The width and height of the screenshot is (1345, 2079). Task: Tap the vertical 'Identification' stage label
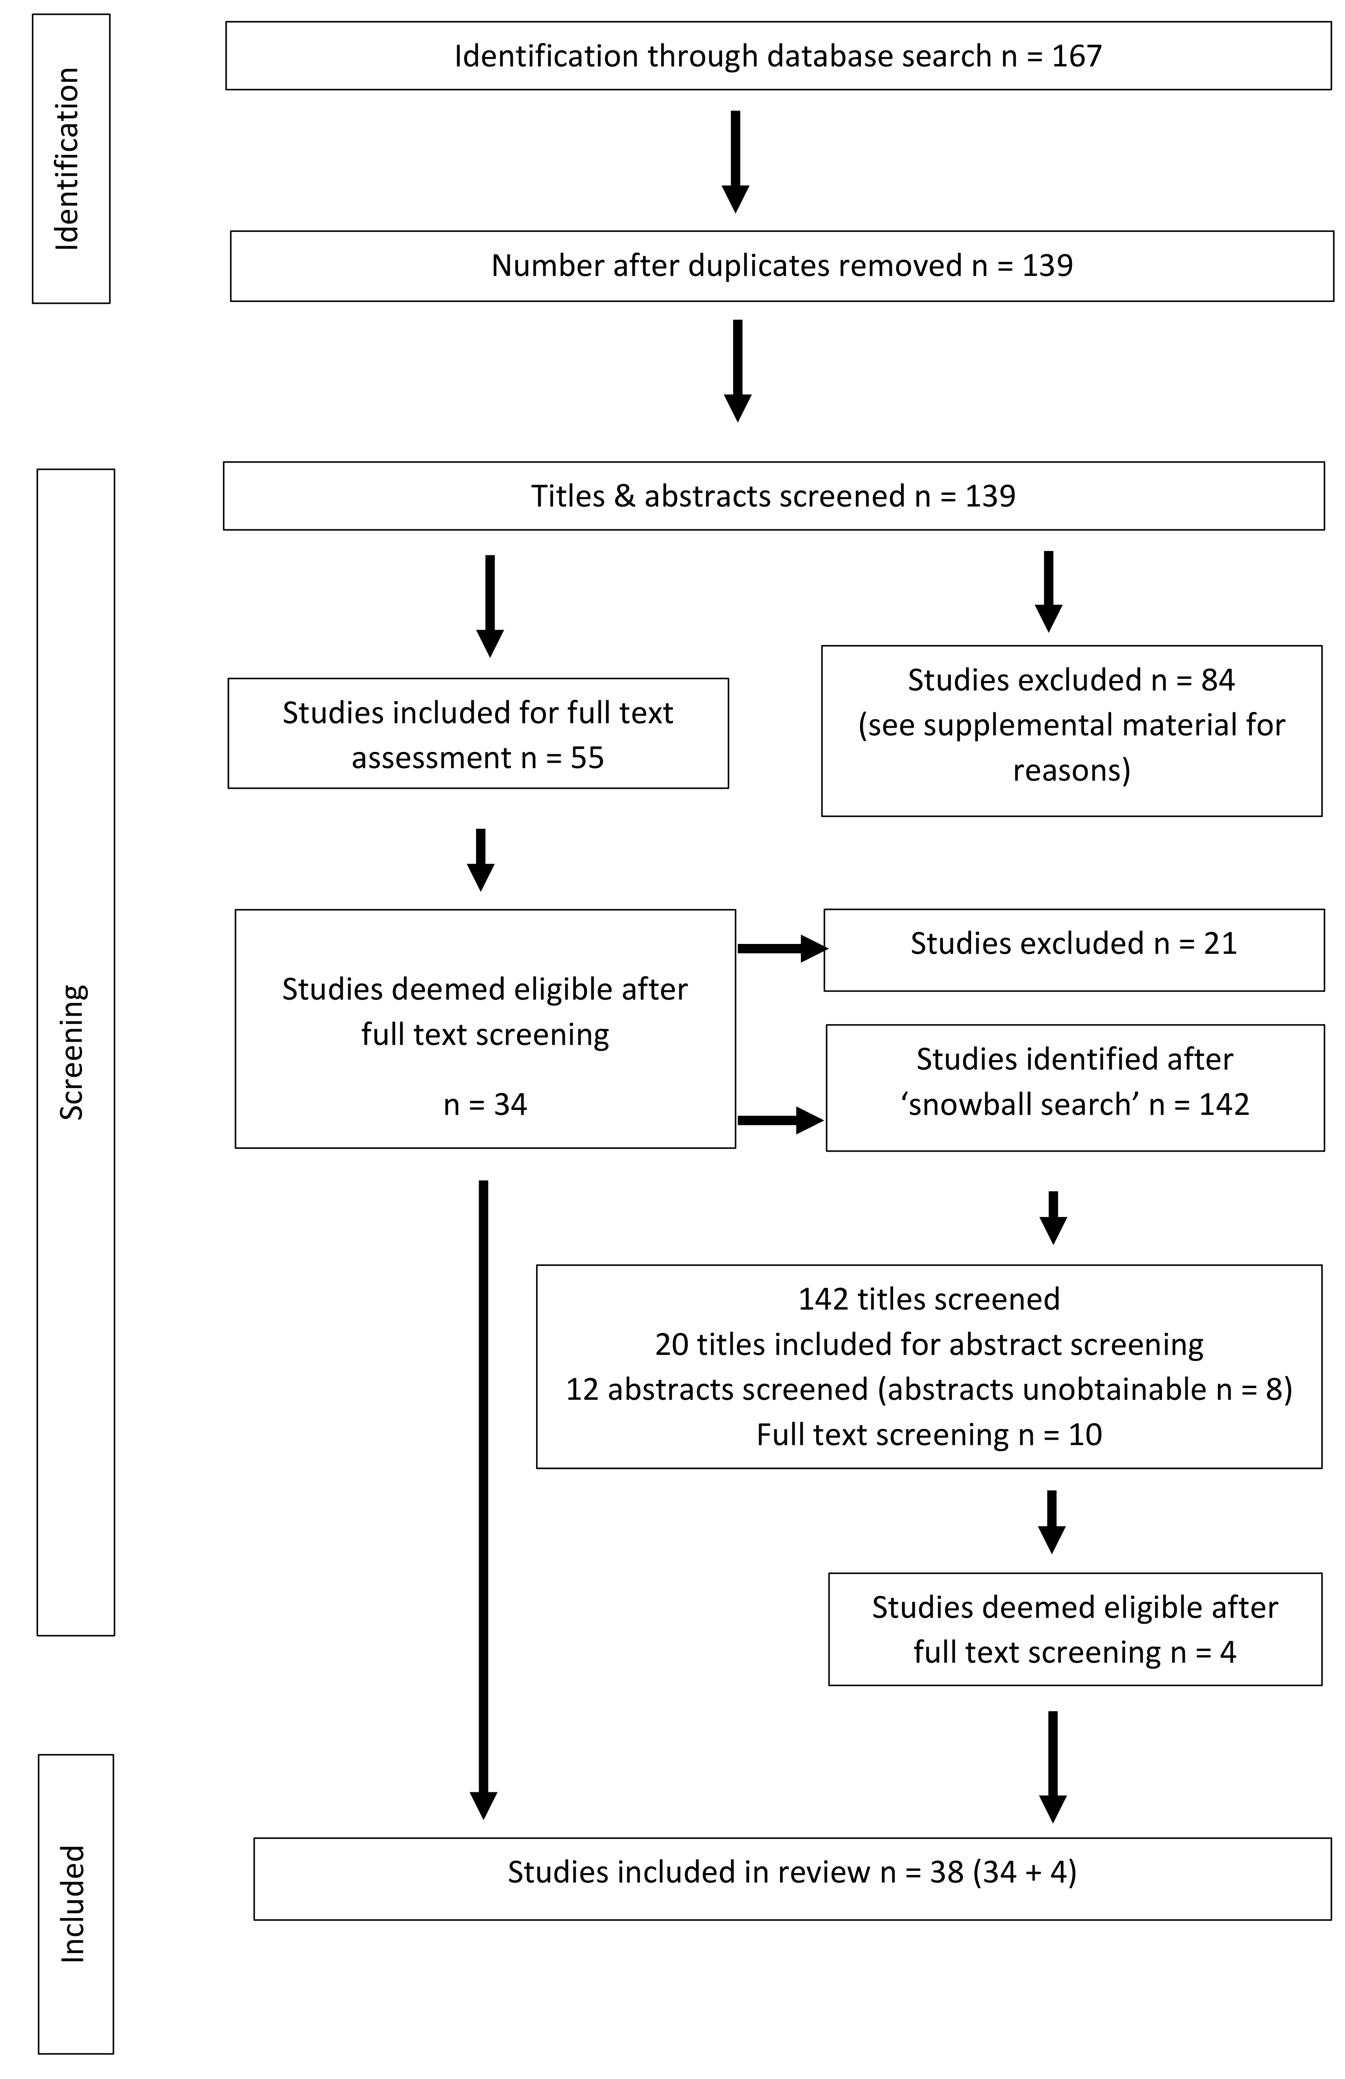coord(67,159)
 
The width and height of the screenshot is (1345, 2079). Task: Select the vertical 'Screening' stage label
coord(72,1052)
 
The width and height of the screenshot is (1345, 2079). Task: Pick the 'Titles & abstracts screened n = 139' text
coord(774,496)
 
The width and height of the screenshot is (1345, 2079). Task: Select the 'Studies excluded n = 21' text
coord(1074,943)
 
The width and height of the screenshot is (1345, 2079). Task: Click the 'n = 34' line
coord(485,1105)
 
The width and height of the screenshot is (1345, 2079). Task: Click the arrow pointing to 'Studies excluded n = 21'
coord(782,948)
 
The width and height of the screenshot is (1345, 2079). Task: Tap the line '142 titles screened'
coord(929,1299)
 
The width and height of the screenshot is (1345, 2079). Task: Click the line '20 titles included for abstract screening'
coord(929,1345)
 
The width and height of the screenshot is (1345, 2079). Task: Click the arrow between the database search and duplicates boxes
coord(735,162)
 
